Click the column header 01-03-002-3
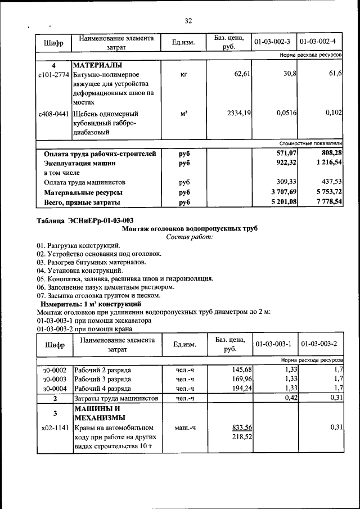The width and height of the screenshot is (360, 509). (x=272, y=42)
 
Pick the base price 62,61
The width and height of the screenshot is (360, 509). (x=241, y=74)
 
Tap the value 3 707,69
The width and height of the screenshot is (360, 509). (x=280, y=192)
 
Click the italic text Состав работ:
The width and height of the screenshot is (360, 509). (x=190, y=237)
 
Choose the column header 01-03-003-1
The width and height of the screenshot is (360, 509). (x=272, y=344)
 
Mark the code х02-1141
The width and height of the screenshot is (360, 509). (x=55, y=428)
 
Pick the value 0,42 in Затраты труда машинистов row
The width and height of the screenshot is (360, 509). (x=289, y=398)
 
